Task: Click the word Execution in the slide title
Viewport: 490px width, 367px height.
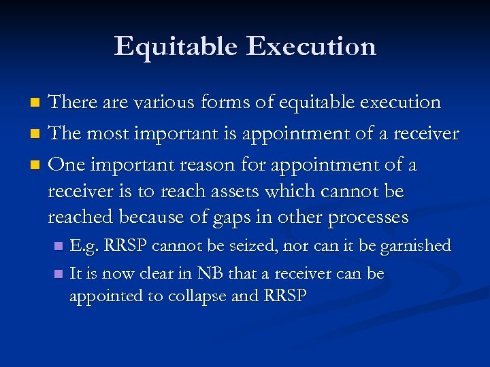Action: click(x=312, y=46)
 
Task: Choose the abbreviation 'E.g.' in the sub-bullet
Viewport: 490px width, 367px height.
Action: click(x=84, y=245)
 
